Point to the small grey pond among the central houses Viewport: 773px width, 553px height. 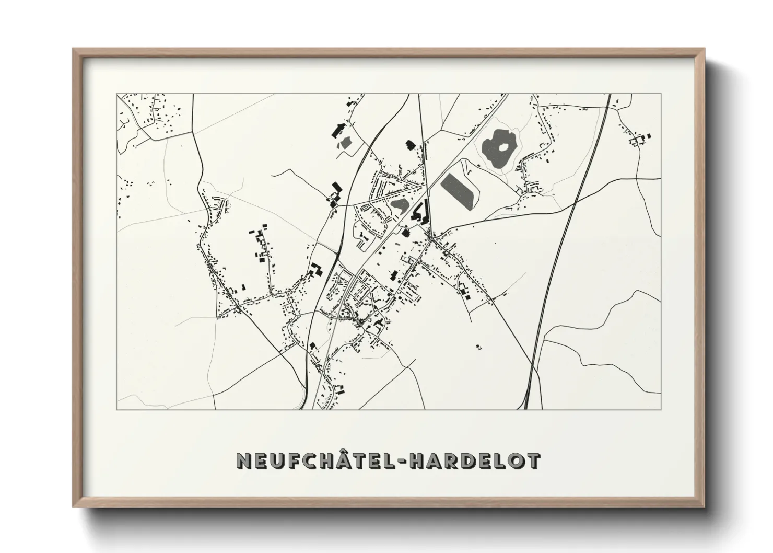pyautogui.click(x=400, y=205)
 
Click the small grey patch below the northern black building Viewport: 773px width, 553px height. pyautogui.click(x=345, y=142)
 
